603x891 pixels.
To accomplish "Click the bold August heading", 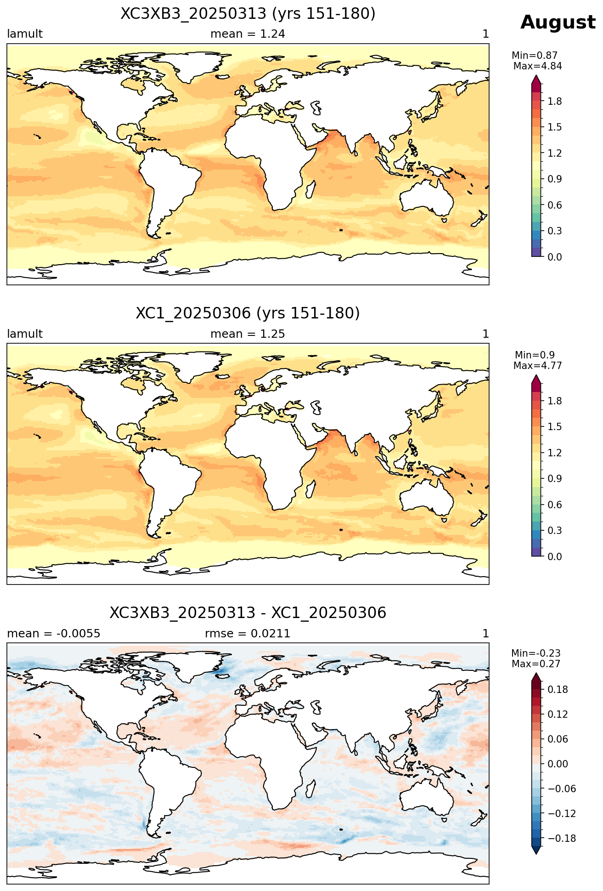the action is (558, 23).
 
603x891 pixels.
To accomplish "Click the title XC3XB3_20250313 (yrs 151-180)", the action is (248, 14).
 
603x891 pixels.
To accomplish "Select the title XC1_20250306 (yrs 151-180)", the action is (248, 313).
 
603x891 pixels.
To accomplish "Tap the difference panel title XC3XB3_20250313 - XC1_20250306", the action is (248, 613).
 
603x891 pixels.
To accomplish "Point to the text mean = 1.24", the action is (248, 34).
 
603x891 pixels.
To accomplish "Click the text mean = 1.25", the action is (248, 334).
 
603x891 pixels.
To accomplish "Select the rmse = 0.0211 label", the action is (248, 634).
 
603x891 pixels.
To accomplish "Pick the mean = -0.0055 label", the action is (54, 634).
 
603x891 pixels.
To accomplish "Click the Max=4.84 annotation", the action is (537, 66).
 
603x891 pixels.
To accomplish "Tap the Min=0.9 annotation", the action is (535, 355).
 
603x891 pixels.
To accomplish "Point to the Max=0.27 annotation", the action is (536, 664).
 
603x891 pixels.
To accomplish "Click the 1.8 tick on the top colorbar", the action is (555, 101).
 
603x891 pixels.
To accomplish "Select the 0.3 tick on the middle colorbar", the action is (555, 531).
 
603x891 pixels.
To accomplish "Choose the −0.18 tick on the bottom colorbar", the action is (561, 839).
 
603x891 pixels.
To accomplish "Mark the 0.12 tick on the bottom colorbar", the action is (558, 715).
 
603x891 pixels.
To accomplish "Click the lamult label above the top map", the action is (25, 34).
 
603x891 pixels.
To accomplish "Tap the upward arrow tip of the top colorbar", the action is (536, 76).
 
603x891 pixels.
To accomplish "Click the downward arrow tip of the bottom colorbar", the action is (536, 854).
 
